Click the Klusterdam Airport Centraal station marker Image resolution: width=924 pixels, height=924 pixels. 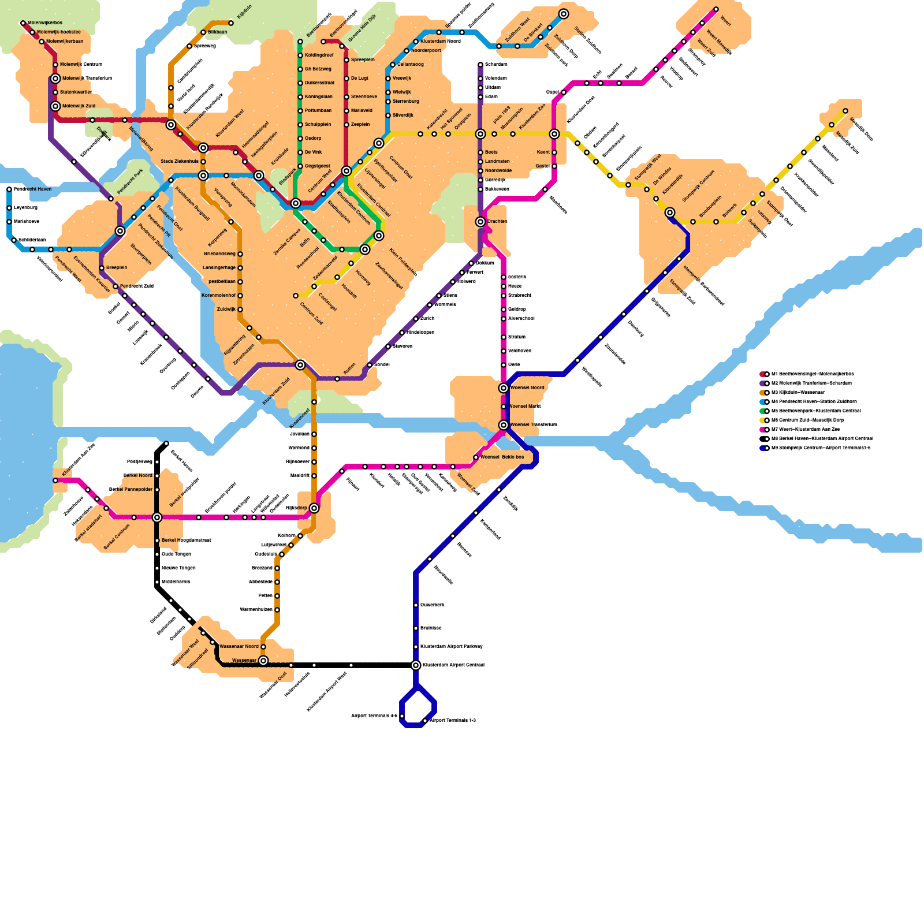pyautogui.click(x=416, y=665)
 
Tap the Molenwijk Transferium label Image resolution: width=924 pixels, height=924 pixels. pyautogui.click(x=87, y=79)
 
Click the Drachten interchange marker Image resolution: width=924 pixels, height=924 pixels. pyautogui.click(x=480, y=222)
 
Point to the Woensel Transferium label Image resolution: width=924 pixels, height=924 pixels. pyautogui.click(x=534, y=425)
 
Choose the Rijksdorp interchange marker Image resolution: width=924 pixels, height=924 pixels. pyautogui.click(x=314, y=508)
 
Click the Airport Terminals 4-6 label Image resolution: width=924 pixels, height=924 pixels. pyautogui.click(x=374, y=716)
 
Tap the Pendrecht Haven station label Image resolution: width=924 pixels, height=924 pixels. pyautogui.click(x=32, y=189)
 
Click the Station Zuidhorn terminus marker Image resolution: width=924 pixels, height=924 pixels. pyautogui.click(x=564, y=14)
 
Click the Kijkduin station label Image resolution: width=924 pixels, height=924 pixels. pyautogui.click(x=244, y=11)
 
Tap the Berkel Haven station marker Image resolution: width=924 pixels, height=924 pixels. pyautogui.click(x=166, y=444)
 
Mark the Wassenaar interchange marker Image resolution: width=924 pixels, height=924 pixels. pyautogui.click(x=263, y=661)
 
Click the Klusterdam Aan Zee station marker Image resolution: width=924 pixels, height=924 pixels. pyautogui.click(x=55, y=480)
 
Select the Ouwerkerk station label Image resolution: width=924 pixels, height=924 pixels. pyautogui.click(x=432, y=605)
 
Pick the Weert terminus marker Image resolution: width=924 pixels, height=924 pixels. pyautogui.click(x=716, y=9)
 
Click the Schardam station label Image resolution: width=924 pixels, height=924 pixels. pyautogui.click(x=496, y=65)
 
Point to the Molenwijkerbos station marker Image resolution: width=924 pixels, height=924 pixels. pyautogui.click(x=23, y=23)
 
